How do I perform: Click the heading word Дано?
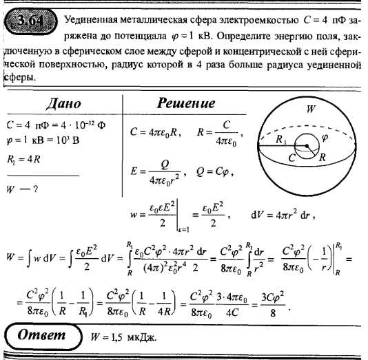click(x=64, y=103)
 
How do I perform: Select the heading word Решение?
click(x=186, y=103)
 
